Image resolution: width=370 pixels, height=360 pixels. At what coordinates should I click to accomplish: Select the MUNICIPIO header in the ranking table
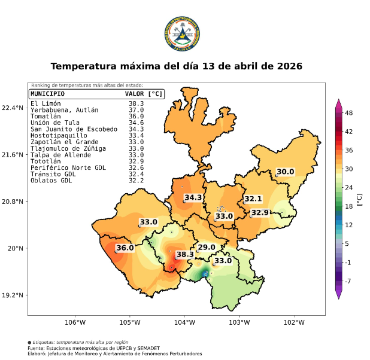click(x=48, y=94)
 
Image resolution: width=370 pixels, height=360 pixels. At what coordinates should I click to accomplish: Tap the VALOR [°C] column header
click(x=143, y=94)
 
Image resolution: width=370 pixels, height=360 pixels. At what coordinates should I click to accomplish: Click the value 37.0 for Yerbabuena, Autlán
click(x=136, y=110)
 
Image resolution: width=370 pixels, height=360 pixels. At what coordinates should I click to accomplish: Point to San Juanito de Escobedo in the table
click(x=74, y=129)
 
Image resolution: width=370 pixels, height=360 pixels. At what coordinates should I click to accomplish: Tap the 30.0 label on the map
click(x=285, y=172)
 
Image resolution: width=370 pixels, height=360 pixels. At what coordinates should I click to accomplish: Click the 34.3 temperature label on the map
click(x=193, y=197)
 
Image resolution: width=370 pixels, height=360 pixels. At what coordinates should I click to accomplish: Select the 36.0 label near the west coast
click(x=125, y=248)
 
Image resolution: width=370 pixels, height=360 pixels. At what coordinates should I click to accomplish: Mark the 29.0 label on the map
click(x=207, y=247)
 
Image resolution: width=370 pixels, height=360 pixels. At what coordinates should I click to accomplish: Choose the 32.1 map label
click(x=253, y=199)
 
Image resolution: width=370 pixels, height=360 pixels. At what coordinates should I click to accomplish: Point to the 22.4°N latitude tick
click(x=13, y=108)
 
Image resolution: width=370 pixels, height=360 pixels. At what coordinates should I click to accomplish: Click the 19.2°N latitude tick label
click(x=13, y=295)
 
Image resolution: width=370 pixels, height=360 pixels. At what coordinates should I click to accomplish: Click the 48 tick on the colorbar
click(x=350, y=112)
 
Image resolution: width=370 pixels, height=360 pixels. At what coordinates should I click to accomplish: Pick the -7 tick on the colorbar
click(x=349, y=280)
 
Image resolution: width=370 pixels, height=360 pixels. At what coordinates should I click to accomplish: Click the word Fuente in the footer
click(x=36, y=348)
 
